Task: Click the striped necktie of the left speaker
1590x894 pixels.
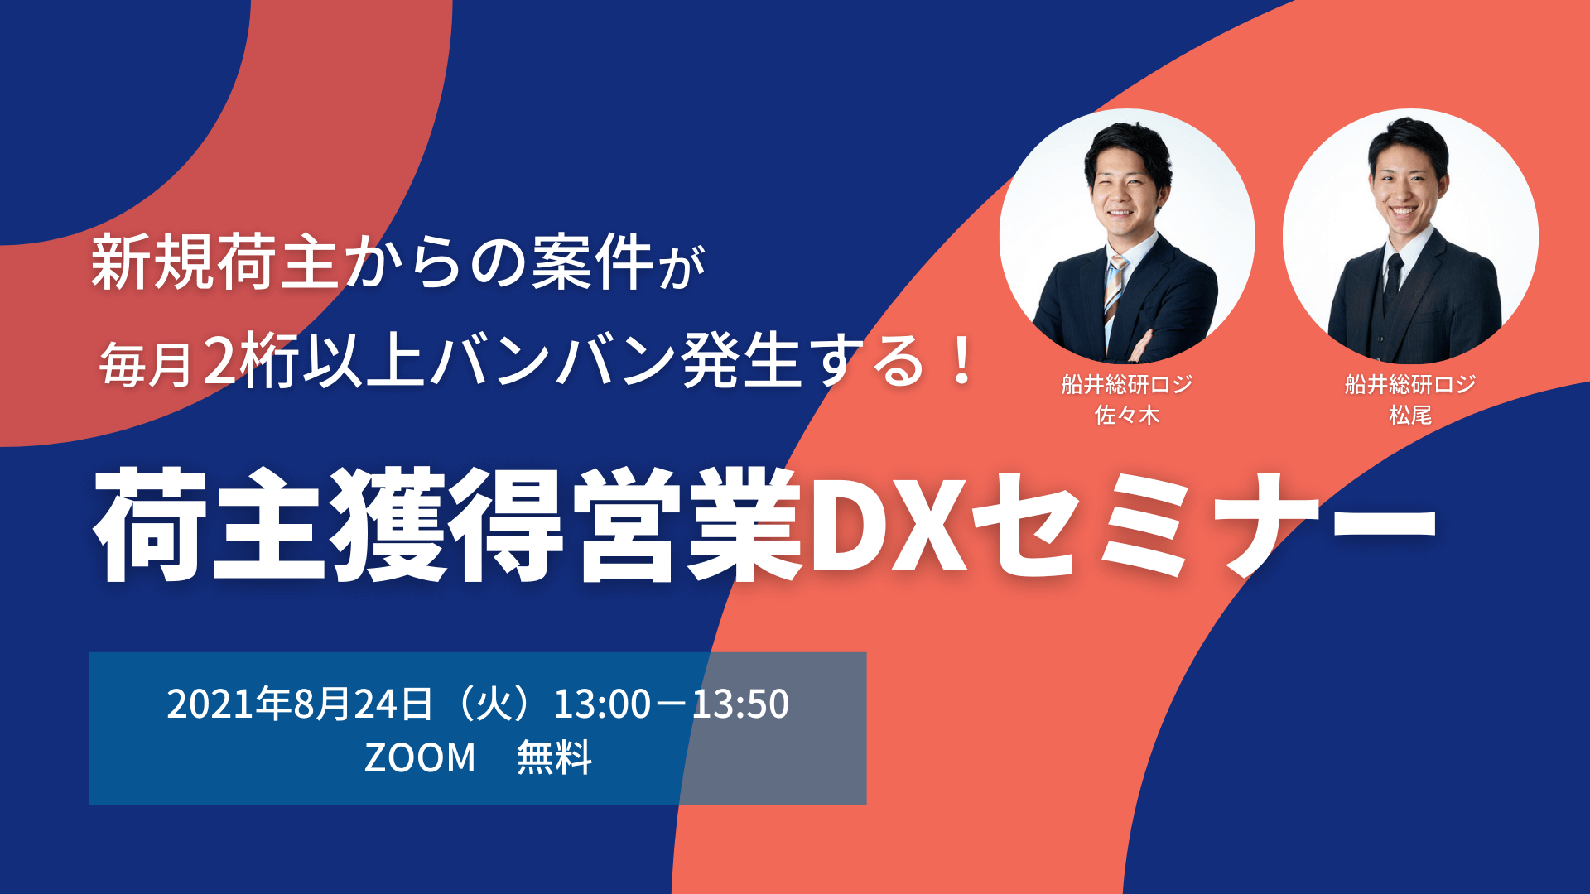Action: click(x=1115, y=294)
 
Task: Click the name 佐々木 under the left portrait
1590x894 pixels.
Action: click(x=1127, y=415)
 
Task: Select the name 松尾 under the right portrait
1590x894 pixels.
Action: click(x=1410, y=415)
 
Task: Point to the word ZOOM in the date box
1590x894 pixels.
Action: click(x=420, y=757)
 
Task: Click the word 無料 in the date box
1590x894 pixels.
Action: click(x=554, y=757)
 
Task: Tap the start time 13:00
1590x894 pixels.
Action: click(x=602, y=704)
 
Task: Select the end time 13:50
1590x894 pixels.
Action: click(x=740, y=704)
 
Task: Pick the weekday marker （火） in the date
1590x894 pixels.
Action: click(x=494, y=704)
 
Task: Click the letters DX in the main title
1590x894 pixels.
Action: click(x=889, y=525)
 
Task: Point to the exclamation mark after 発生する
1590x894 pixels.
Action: click(x=961, y=361)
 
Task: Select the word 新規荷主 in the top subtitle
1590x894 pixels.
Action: click(x=214, y=262)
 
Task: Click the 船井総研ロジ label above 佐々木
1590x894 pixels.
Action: click(x=1127, y=384)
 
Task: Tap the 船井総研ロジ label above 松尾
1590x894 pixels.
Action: click(x=1410, y=384)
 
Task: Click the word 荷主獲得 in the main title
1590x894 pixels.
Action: click(x=328, y=525)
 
